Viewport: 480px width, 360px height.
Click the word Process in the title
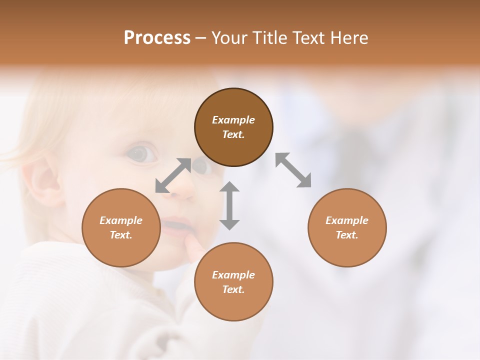click(x=157, y=38)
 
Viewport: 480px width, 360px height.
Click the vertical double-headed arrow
click(x=229, y=205)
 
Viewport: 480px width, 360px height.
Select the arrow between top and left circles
click(x=173, y=175)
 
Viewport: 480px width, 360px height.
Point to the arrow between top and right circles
click(x=293, y=170)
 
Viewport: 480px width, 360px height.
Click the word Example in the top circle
click(x=233, y=120)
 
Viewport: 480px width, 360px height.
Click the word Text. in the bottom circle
click(x=233, y=289)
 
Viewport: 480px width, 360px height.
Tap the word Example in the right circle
click(x=347, y=220)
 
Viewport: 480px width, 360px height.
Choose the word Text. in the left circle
click(x=121, y=235)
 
